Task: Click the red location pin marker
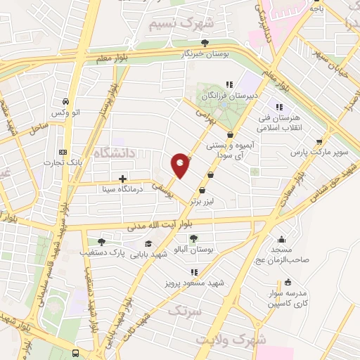pos(180,165)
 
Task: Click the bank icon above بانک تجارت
pos(63,152)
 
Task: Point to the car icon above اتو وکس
pos(65,101)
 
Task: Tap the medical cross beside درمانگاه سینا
pos(123,179)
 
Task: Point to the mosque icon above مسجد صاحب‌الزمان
pos(282,239)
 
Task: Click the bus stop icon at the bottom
pos(76,353)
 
